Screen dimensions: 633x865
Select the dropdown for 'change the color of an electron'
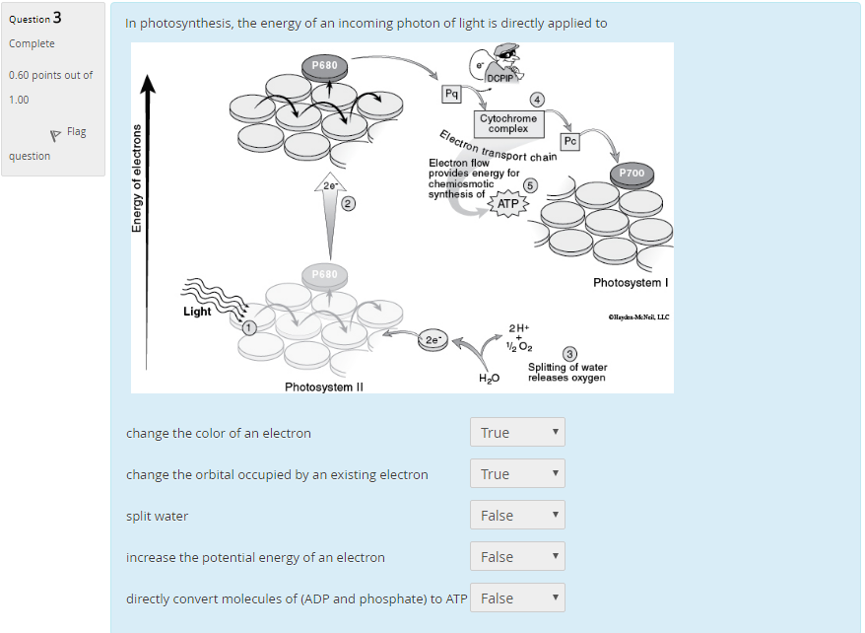(x=517, y=432)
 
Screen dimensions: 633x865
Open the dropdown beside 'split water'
(x=517, y=515)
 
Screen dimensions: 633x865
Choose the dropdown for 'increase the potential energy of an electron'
(x=517, y=556)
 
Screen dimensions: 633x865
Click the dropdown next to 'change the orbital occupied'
(x=517, y=473)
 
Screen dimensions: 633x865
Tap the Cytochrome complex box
(x=507, y=123)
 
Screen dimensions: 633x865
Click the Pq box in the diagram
(x=452, y=94)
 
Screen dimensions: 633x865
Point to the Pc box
(x=570, y=141)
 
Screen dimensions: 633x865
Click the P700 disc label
(x=632, y=174)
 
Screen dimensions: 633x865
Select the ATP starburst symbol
(x=507, y=204)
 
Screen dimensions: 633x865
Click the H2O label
(x=489, y=378)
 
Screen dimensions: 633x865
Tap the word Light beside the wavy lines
(x=197, y=312)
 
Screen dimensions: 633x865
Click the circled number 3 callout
(x=568, y=354)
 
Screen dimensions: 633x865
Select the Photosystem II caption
(x=324, y=387)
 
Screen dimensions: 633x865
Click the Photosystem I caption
(x=631, y=283)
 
